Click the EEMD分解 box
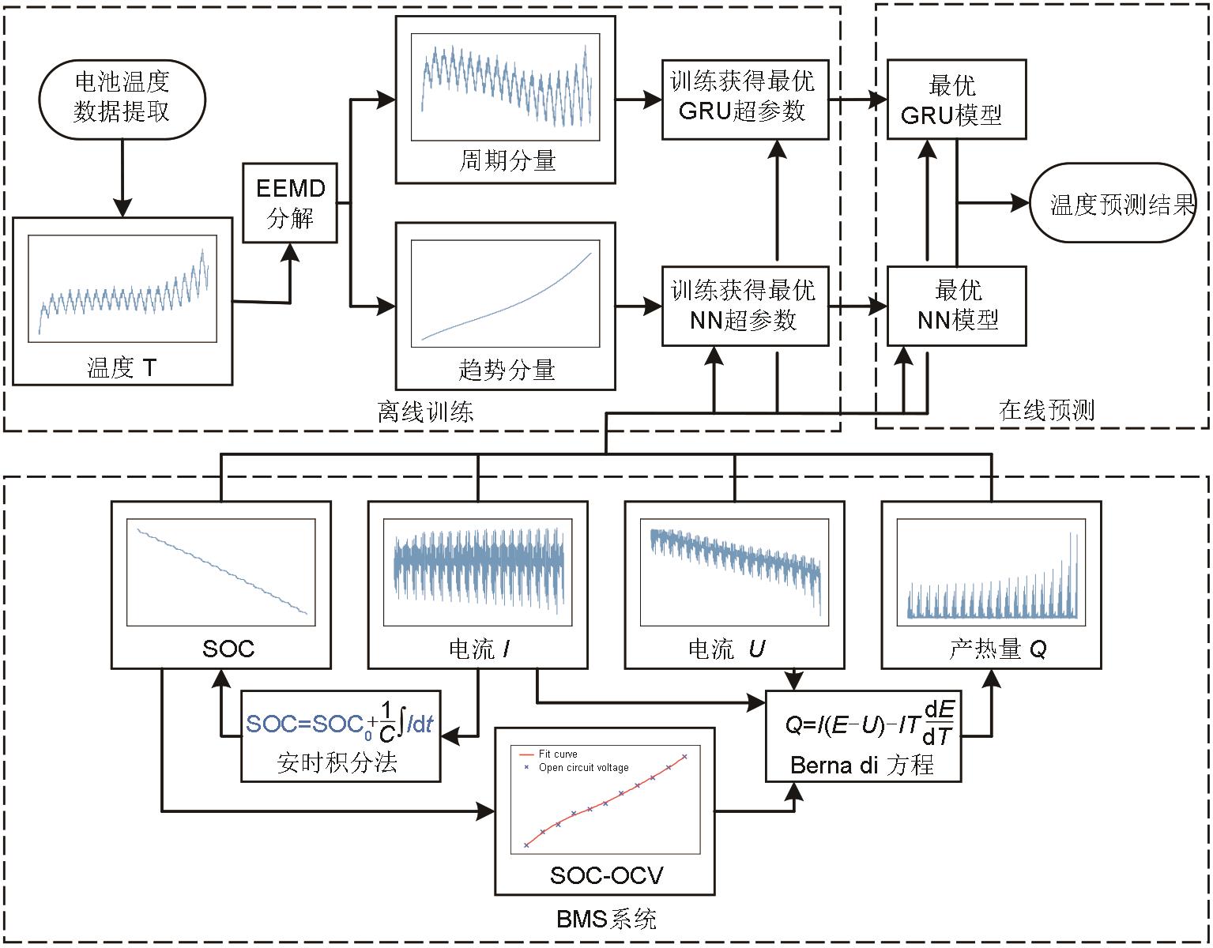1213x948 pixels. pyautogui.click(x=290, y=203)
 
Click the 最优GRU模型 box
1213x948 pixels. pyautogui.click(x=956, y=100)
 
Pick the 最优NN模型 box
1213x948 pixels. pyautogui.click(x=956, y=306)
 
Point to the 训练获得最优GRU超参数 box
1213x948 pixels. pyautogui.click(x=744, y=100)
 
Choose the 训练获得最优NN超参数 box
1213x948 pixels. pyautogui.click(x=744, y=306)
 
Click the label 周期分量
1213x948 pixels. pyautogui.click(x=507, y=161)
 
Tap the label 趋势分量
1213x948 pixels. pyautogui.click(x=507, y=370)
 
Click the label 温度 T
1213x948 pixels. pyautogui.click(x=122, y=367)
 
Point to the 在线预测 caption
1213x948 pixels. pyautogui.click(x=1046, y=410)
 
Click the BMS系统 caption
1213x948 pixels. pyautogui.click(x=606, y=919)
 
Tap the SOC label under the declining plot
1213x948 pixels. pyautogui.click(x=228, y=649)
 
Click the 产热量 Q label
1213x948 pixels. pyautogui.click(x=997, y=649)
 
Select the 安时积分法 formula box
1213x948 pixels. pyautogui.click(x=341, y=736)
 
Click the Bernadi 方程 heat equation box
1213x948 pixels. pyautogui.click(x=863, y=736)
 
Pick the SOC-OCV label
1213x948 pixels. pyautogui.click(x=606, y=875)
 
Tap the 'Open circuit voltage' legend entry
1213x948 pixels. pyautogui.click(x=583, y=768)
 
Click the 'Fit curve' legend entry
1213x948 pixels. pyautogui.click(x=557, y=754)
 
